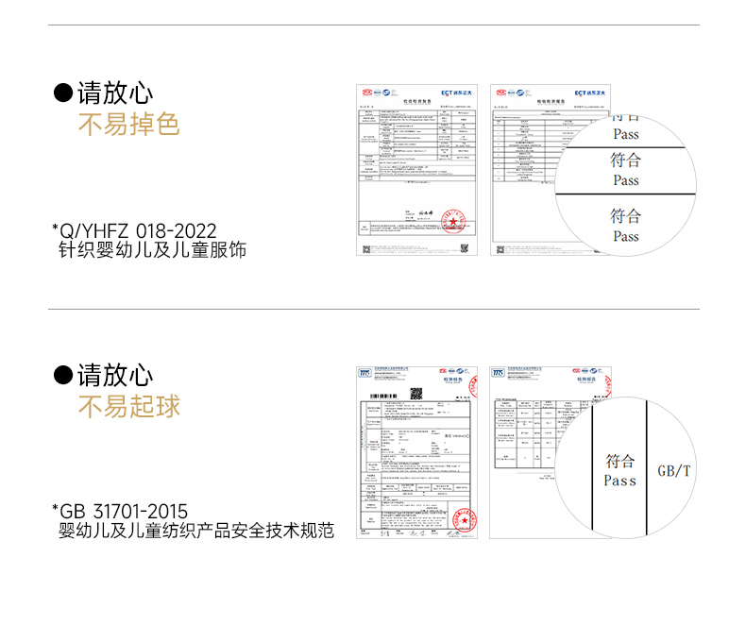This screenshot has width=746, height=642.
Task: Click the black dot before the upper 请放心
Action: (63, 93)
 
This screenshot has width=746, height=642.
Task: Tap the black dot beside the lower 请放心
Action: (63, 376)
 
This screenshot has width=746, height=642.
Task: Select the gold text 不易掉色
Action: (128, 125)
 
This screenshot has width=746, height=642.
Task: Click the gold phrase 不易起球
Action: (128, 407)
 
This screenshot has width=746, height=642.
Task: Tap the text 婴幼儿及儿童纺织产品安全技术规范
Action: (196, 531)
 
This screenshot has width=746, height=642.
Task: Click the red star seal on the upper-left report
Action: (455, 225)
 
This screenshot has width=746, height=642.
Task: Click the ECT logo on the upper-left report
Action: (460, 92)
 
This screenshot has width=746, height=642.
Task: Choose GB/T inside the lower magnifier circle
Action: (674, 470)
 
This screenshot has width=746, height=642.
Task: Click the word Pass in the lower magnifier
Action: (620, 481)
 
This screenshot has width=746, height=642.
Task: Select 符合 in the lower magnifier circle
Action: (620, 461)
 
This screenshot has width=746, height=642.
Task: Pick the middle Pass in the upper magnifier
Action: (625, 179)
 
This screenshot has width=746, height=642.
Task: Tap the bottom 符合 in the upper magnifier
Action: (625, 216)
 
